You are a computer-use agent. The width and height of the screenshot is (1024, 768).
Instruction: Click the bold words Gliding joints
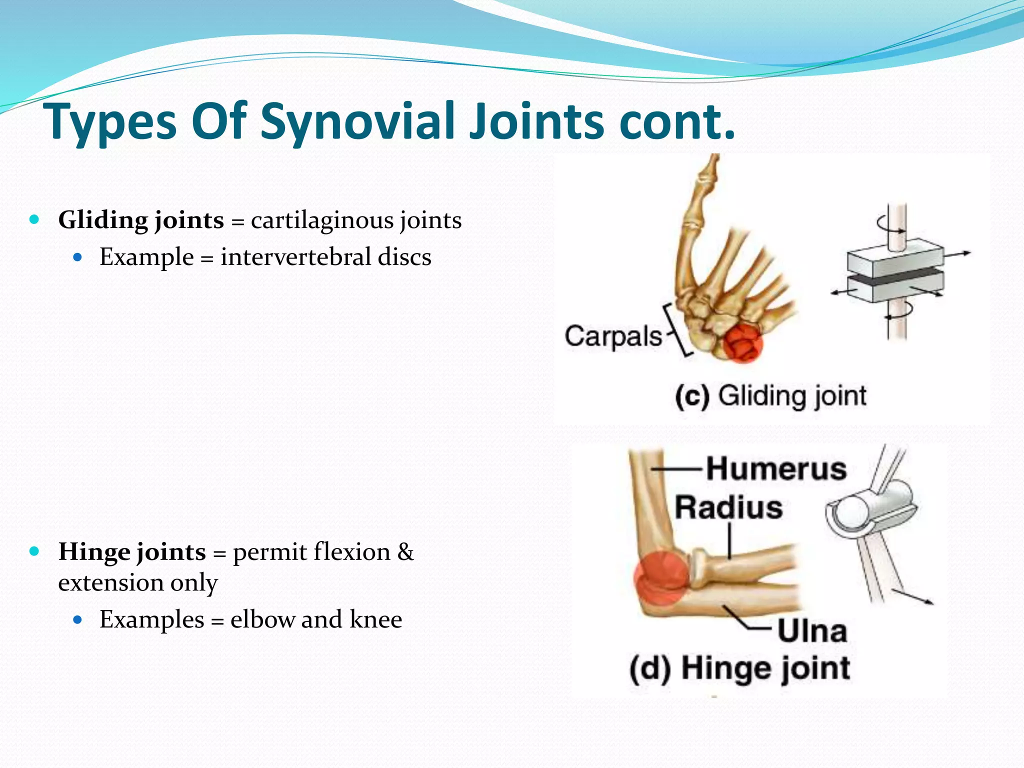coord(141,220)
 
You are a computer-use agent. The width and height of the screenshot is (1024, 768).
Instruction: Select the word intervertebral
coord(296,257)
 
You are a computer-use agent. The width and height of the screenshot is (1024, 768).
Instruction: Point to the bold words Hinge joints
coord(132,552)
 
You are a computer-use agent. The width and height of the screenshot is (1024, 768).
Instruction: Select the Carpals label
coord(613,336)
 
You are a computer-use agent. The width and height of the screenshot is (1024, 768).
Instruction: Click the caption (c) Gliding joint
coord(770,396)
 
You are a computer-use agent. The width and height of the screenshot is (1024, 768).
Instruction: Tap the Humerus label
coord(776,469)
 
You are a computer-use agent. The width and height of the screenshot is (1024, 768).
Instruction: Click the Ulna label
coord(812,630)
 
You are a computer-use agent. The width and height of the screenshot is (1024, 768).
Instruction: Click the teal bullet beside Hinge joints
coord(34,551)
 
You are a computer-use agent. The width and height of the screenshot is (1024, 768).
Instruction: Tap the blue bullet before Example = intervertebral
coord(77,257)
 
